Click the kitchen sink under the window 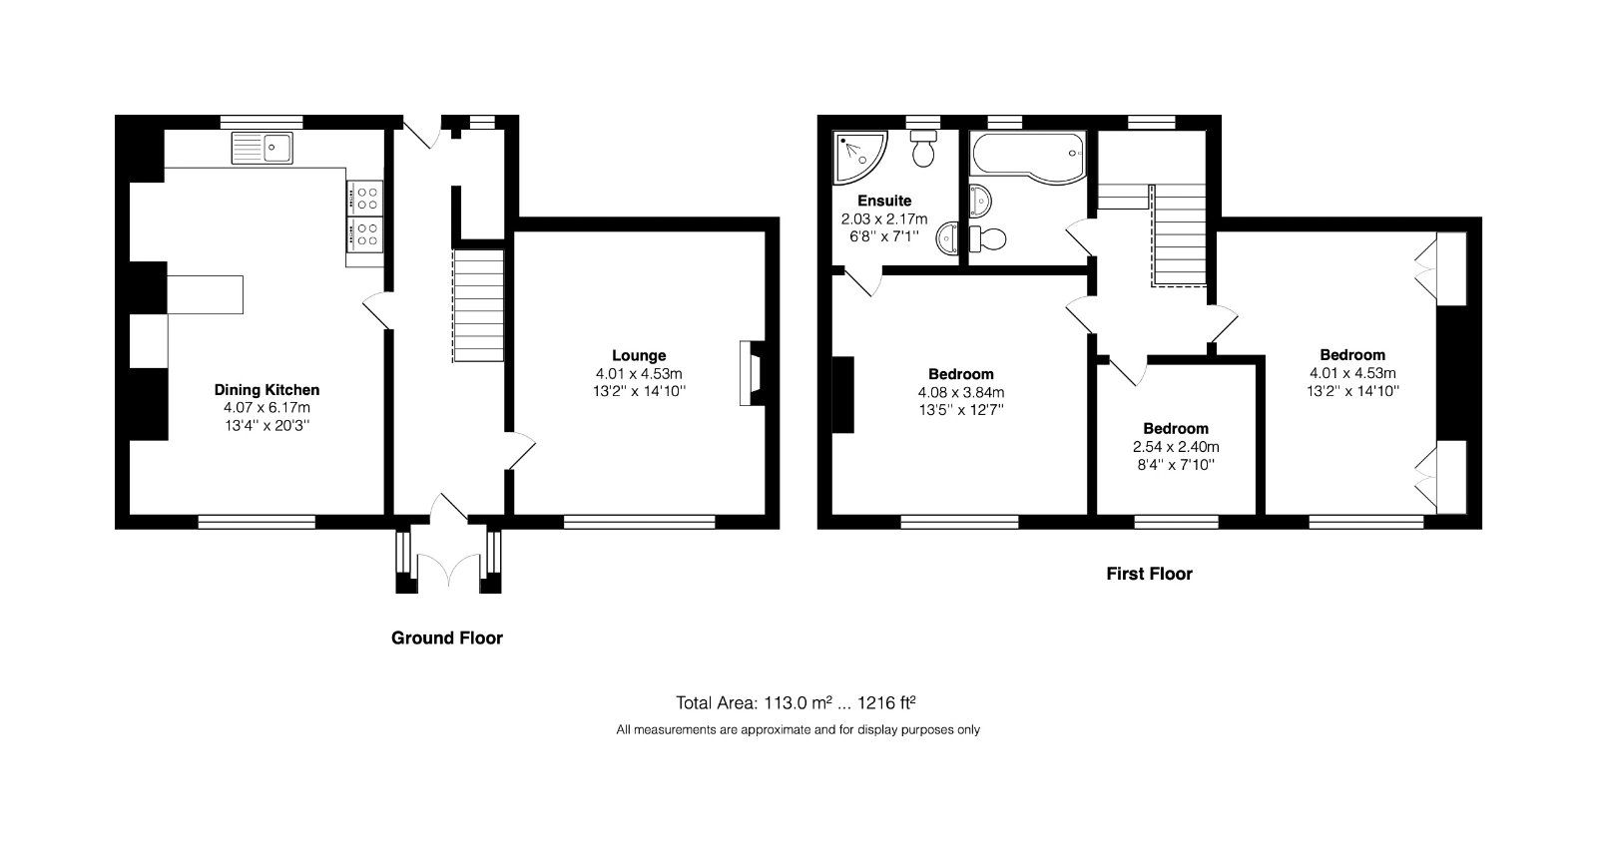[262, 148]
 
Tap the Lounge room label [639, 355]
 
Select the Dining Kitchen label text [266, 390]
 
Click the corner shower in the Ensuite [855, 153]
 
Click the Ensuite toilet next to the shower [924, 149]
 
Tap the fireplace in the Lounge [750, 374]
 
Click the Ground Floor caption [446, 638]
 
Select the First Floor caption [1149, 574]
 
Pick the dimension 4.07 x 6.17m [266, 408]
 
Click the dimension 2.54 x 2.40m [1176, 447]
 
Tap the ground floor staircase [479, 306]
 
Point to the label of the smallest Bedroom [1176, 428]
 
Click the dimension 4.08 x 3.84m [961, 392]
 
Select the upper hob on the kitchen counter [364, 196]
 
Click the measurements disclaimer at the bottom [798, 730]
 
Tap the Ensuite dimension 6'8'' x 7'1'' [883, 236]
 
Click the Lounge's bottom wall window [639, 521]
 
